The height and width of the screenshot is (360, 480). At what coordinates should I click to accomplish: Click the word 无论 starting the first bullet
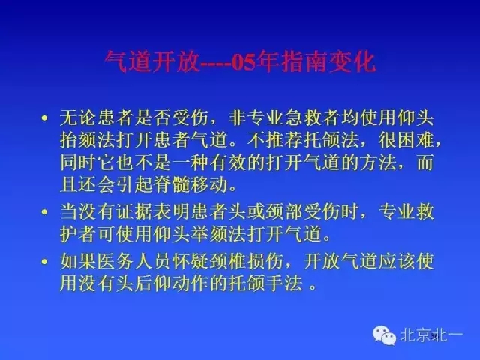[76, 118]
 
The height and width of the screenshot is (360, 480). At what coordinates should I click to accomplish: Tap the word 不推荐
[319, 139]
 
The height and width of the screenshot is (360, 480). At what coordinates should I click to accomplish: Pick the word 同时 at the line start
[76, 161]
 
